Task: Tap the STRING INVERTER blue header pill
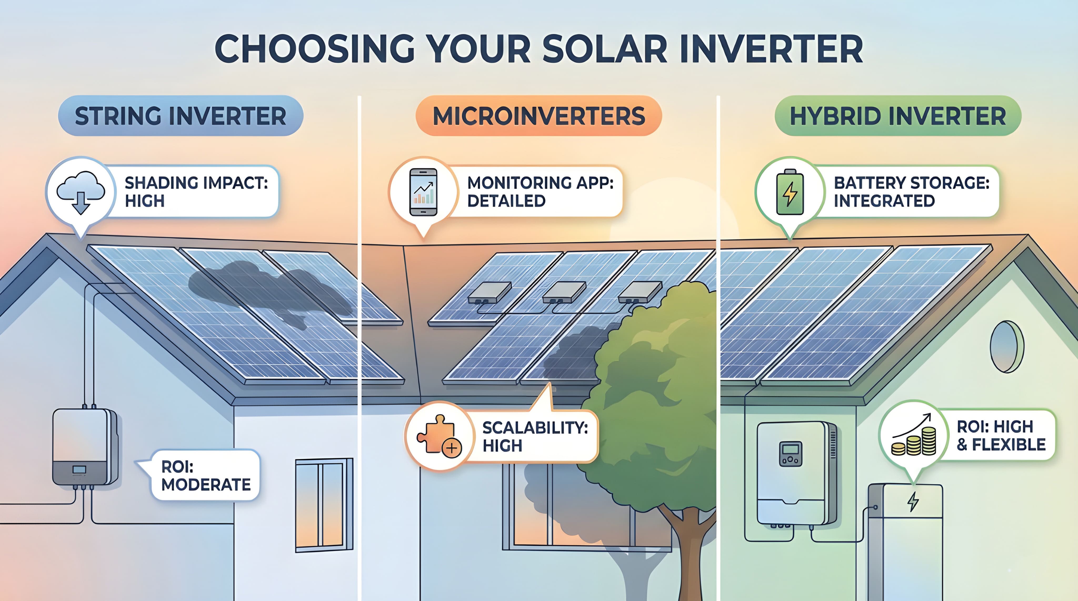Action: click(180, 116)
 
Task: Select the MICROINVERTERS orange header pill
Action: click(538, 116)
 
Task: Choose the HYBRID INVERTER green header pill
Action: click(898, 116)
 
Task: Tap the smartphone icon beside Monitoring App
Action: click(423, 192)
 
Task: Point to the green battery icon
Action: click(790, 193)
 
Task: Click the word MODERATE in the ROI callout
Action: click(206, 485)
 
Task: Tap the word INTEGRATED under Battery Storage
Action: click(884, 201)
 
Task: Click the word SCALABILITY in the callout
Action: click(535, 428)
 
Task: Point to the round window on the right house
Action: click(1006, 347)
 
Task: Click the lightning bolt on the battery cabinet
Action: click(913, 501)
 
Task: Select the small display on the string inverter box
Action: click(79, 470)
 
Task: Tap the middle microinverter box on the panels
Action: click(563, 292)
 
